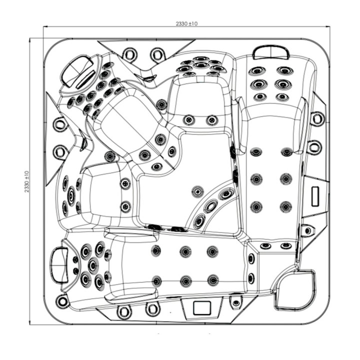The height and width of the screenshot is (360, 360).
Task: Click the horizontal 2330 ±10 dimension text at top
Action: [186, 23]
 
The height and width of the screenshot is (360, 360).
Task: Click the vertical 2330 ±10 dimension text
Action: [27, 181]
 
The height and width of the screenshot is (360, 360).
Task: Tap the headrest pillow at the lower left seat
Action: [59, 264]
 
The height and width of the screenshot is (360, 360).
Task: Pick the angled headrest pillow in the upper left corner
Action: [77, 70]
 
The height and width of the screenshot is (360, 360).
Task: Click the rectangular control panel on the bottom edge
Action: [202, 307]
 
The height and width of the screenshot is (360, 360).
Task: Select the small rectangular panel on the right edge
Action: [315, 196]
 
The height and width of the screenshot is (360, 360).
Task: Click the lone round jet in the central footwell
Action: [197, 191]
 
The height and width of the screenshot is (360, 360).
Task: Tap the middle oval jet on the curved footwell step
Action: [211, 206]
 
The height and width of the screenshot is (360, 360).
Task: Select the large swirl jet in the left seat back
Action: [71, 195]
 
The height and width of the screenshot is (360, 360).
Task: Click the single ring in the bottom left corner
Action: [62, 301]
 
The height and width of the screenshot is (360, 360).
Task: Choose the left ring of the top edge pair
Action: [129, 54]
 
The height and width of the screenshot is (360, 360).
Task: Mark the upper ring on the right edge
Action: [317, 118]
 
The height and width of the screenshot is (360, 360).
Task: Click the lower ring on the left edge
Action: [60, 152]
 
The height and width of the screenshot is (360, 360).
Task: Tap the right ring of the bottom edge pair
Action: [152, 309]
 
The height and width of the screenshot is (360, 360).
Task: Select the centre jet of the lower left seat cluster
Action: [93, 265]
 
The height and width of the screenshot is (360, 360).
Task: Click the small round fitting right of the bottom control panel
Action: [236, 303]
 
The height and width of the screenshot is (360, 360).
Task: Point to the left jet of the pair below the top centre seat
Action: [188, 119]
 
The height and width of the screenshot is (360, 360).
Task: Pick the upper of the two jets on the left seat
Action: [125, 183]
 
